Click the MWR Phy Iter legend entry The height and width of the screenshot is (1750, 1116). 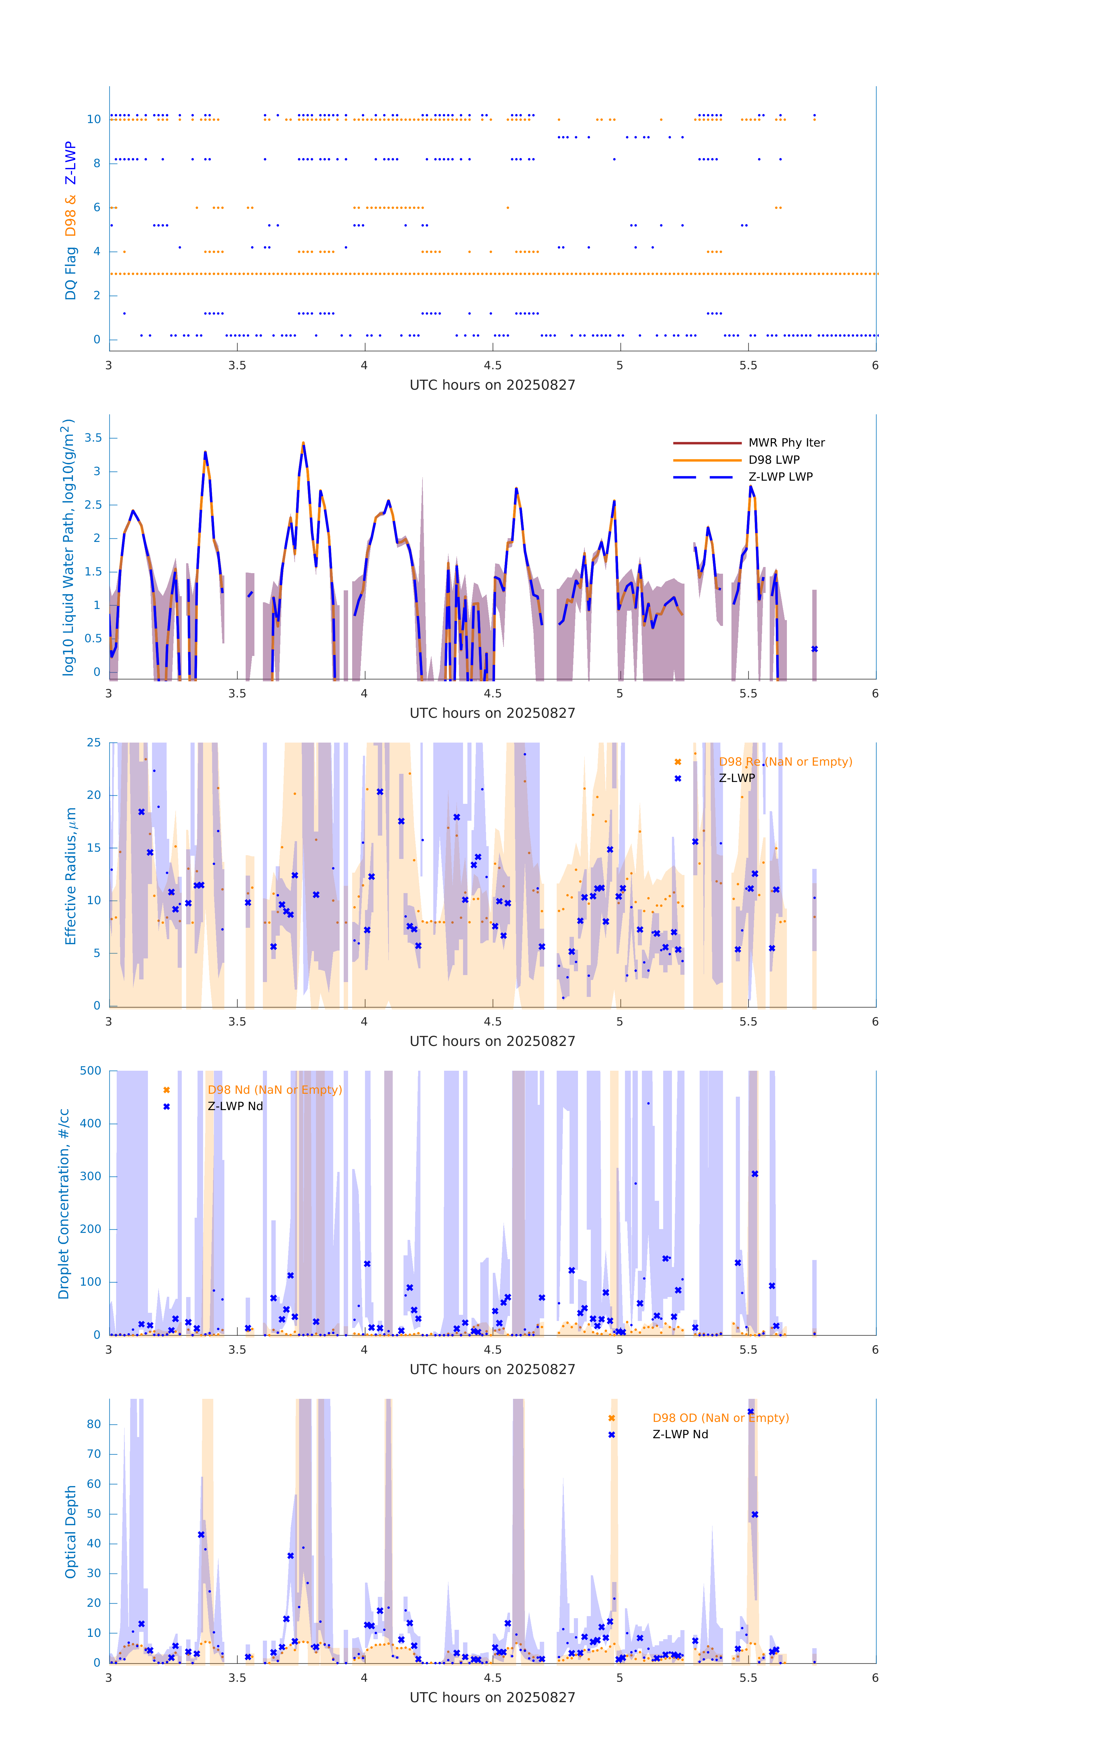(786, 442)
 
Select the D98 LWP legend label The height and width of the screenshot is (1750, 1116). (773, 460)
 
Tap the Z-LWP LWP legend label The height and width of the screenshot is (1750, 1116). (780, 477)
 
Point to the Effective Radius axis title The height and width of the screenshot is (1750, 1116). (71, 876)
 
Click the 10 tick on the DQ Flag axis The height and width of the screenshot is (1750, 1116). (94, 119)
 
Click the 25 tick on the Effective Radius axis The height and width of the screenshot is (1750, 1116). (94, 743)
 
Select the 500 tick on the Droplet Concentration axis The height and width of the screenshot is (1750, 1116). (91, 1070)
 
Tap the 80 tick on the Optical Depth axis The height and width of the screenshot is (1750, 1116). (94, 1424)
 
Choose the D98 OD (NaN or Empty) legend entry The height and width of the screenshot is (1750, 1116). (720, 1418)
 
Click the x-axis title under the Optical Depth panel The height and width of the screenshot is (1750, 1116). (492, 1698)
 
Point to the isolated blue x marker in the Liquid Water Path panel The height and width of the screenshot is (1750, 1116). (814, 649)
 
